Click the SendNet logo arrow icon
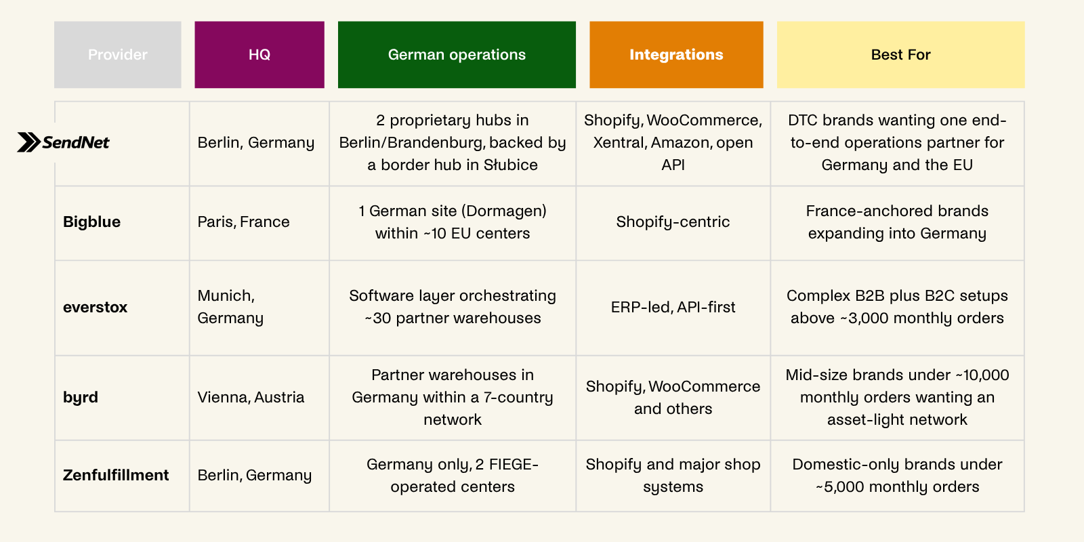coord(28,142)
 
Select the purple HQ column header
coord(259,55)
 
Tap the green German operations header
coord(457,55)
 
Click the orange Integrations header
coord(676,55)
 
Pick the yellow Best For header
coord(900,55)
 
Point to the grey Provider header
coord(118,55)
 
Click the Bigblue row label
coord(91,222)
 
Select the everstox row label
coord(95,307)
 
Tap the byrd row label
coord(81,397)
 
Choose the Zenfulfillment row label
coord(116,475)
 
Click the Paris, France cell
coord(243,222)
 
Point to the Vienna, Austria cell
coord(251,397)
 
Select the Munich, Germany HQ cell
coord(230,307)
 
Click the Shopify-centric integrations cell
coord(673,222)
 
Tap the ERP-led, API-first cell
coord(673,307)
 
